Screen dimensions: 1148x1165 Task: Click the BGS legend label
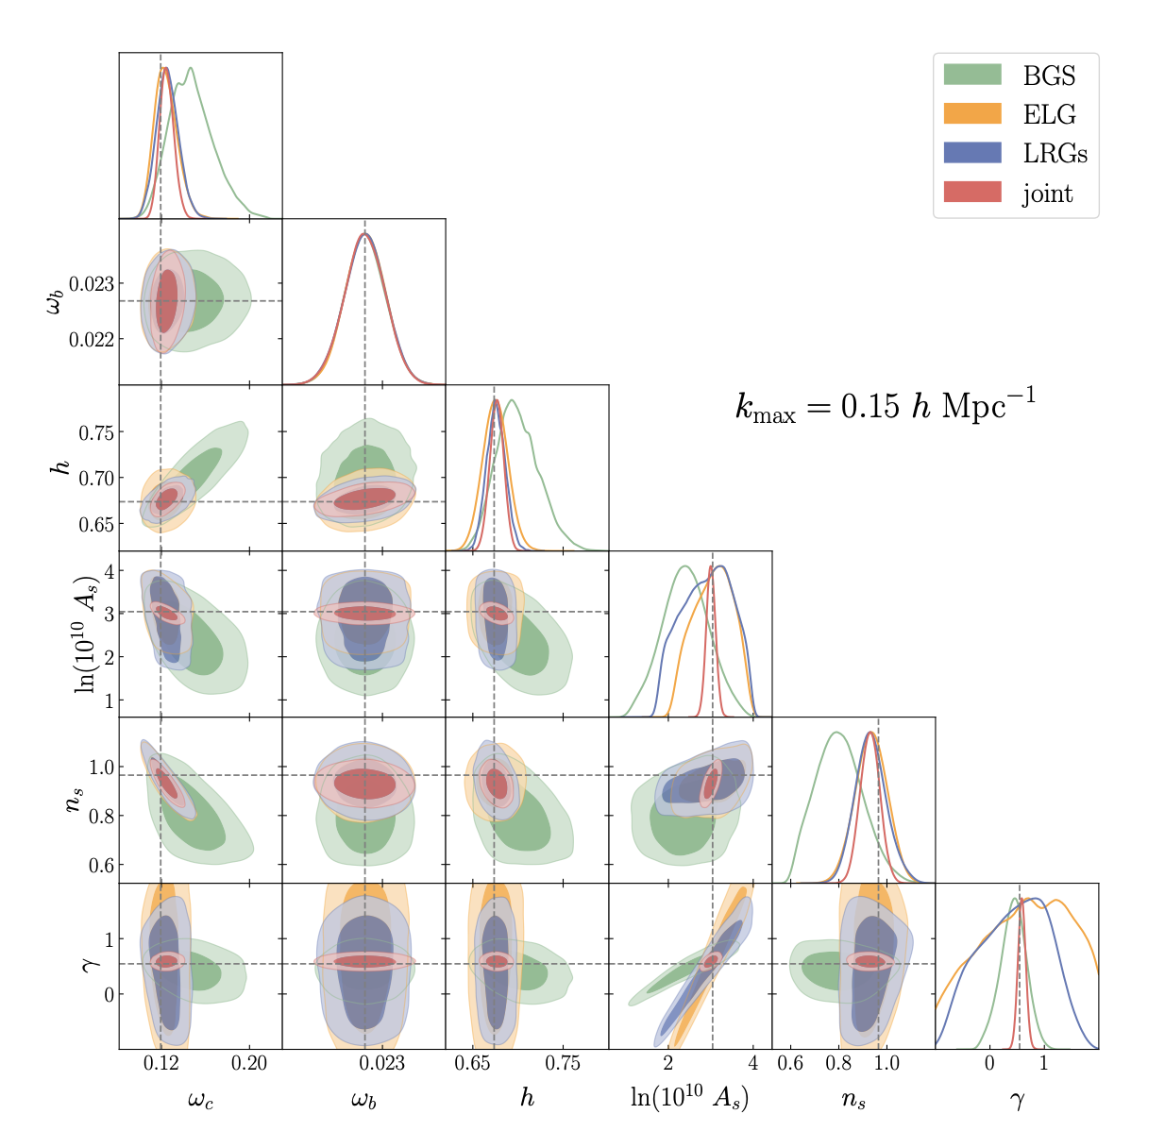tap(1049, 76)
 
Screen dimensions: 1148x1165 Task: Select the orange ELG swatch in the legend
tap(971, 114)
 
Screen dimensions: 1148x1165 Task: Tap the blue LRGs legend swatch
tap(971, 153)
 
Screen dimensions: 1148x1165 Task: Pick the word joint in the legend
tap(1047, 194)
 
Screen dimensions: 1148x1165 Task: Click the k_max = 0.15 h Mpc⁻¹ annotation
tap(885, 406)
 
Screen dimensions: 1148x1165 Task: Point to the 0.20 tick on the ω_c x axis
tap(249, 1063)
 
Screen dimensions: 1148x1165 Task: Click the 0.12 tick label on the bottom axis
tap(161, 1063)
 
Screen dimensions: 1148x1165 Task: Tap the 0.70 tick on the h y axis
tap(94, 479)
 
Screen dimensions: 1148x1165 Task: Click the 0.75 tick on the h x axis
tap(564, 1063)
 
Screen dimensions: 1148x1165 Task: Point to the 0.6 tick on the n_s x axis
tap(790, 1063)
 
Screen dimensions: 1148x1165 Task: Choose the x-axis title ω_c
tap(200, 1099)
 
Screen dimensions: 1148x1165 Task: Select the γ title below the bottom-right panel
tap(1017, 1099)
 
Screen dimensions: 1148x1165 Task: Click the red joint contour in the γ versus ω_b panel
tap(364, 961)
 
